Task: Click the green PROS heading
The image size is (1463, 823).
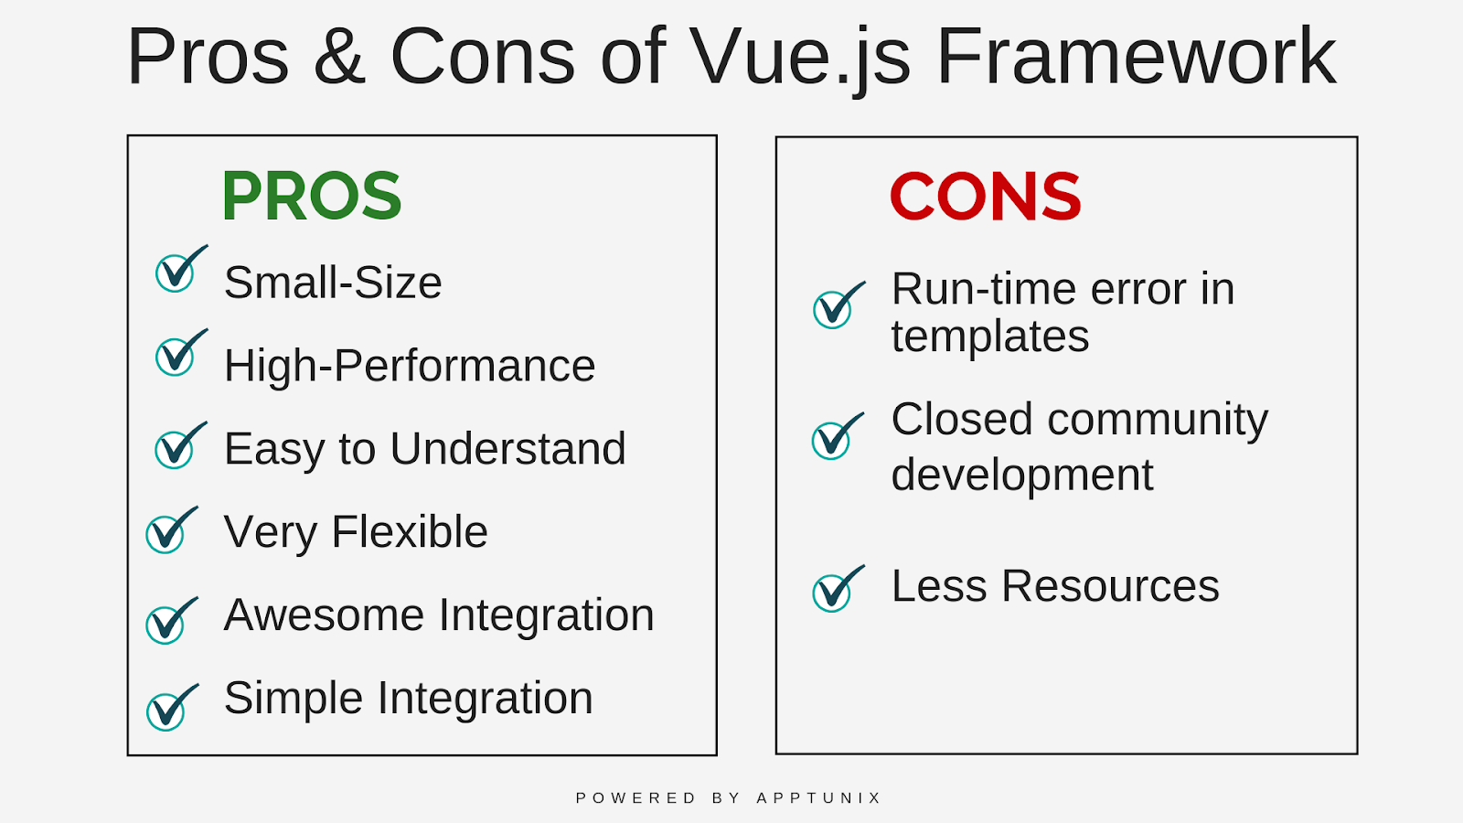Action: [312, 196]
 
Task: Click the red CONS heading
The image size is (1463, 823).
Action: [986, 196]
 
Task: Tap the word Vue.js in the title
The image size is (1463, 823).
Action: [800, 59]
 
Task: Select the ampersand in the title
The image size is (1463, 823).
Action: [339, 56]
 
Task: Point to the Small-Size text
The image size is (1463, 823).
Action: [333, 283]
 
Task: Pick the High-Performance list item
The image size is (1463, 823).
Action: [410, 366]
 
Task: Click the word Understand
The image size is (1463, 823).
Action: [508, 448]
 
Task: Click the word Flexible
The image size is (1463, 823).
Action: [410, 531]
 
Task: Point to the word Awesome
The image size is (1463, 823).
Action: [324, 615]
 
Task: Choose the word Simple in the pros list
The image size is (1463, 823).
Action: [294, 698]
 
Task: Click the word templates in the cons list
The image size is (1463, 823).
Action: [990, 337]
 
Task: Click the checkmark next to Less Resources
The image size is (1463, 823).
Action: [838, 589]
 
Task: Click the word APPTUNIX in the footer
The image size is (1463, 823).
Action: [819, 797]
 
